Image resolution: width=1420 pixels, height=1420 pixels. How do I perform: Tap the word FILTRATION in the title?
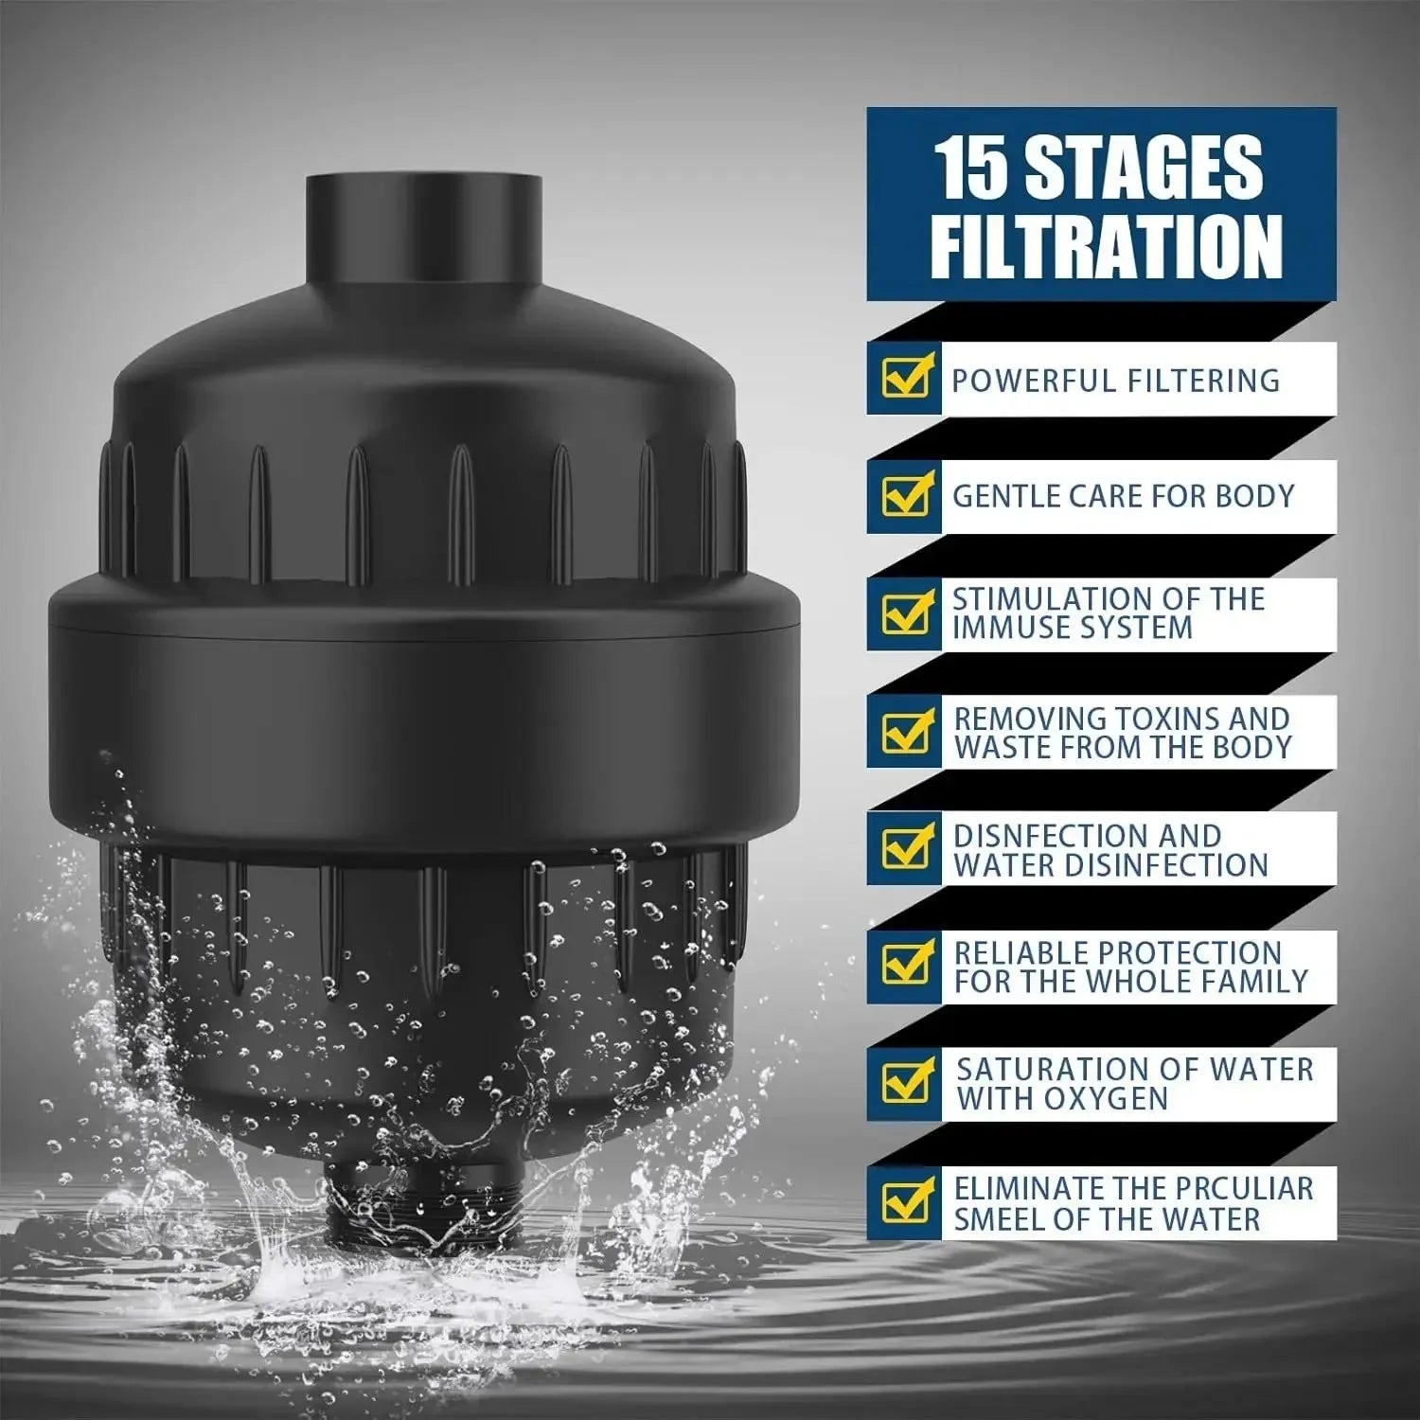[x=1106, y=245]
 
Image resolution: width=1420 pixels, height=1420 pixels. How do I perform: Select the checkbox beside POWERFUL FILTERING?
[x=906, y=378]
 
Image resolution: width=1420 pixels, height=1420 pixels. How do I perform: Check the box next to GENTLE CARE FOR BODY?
[x=906, y=495]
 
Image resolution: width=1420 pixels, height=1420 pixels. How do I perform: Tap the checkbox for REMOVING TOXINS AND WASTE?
[x=906, y=730]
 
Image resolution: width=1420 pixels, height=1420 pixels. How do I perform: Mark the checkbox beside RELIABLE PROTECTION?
[x=906, y=964]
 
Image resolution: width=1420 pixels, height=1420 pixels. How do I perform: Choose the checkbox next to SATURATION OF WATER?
[x=906, y=1081]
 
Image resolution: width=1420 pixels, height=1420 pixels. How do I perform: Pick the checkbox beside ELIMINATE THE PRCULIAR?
[x=906, y=1201]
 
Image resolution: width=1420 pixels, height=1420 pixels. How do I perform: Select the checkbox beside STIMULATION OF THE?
[x=906, y=612]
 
